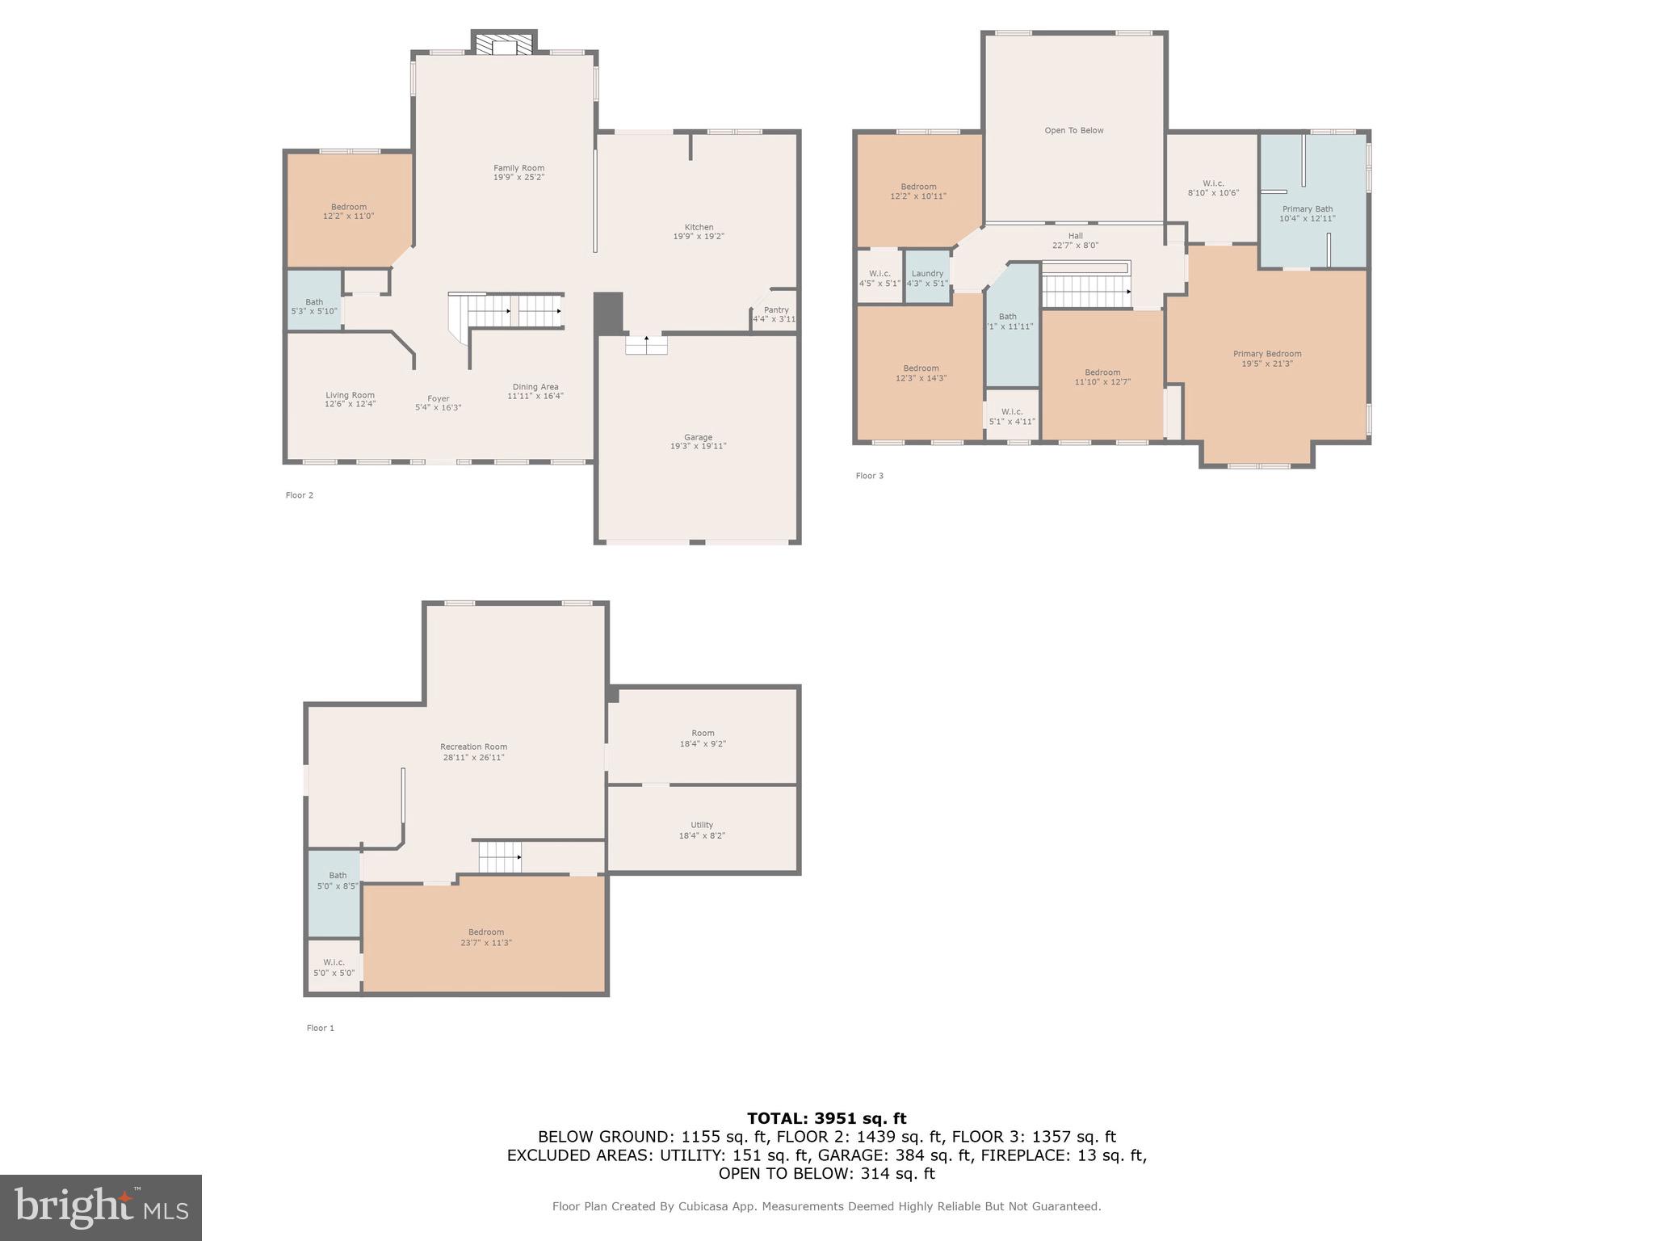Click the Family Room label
click(x=518, y=168)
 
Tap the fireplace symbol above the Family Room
click(x=504, y=44)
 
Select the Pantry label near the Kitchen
click(x=775, y=309)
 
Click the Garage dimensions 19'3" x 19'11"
click(x=698, y=446)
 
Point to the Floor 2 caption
click(x=299, y=495)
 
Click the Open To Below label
click(x=1073, y=130)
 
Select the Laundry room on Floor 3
click(x=926, y=277)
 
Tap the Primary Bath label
click(x=1307, y=208)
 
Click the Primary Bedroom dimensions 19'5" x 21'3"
click(x=1266, y=364)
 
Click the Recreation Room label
click(x=473, y=747)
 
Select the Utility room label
click(x=701, y=825)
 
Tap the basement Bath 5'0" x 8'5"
click(x=337, y=880)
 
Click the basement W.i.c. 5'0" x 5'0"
click(x=334, y=967)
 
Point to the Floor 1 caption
click(x=320, y=1029)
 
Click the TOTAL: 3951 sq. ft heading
click(x=826, y=1118)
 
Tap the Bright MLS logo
click(x=101, y=1207)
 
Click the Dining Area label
click(x=535, y=386)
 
